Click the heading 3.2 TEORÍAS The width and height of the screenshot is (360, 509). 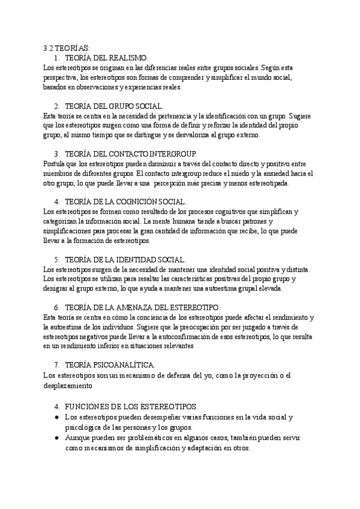65,47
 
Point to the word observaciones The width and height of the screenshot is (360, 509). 94,87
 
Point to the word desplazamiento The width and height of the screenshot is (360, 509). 70,385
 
